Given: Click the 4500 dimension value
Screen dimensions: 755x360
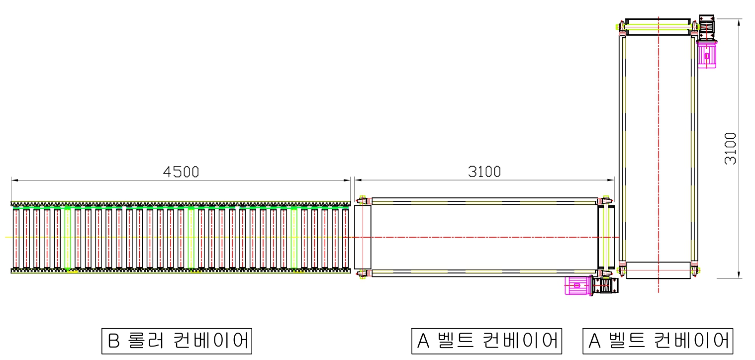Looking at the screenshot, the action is click(181, 172).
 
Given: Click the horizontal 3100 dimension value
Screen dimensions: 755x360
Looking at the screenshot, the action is click(484, 172).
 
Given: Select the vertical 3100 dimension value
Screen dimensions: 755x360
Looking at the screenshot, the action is click(731, 149).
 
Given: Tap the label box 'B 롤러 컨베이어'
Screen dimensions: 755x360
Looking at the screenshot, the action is click(177, 341).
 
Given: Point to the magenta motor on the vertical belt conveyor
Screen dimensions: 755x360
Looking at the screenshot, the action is click(706, 55).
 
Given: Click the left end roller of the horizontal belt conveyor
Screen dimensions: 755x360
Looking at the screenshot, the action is click(363, 237).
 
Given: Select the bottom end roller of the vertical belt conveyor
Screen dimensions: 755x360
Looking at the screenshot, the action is click(659, 270).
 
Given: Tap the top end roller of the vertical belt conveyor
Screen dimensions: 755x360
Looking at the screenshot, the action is click(658, 27).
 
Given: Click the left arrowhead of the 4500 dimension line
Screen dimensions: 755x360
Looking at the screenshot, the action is click(14, 180).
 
